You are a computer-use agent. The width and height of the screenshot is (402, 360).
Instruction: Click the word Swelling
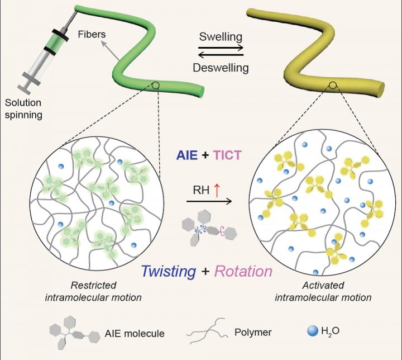point(222,37)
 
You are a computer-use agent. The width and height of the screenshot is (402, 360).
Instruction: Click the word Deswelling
point(222,68)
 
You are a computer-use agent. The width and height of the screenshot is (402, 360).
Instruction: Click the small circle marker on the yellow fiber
point(333,86)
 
